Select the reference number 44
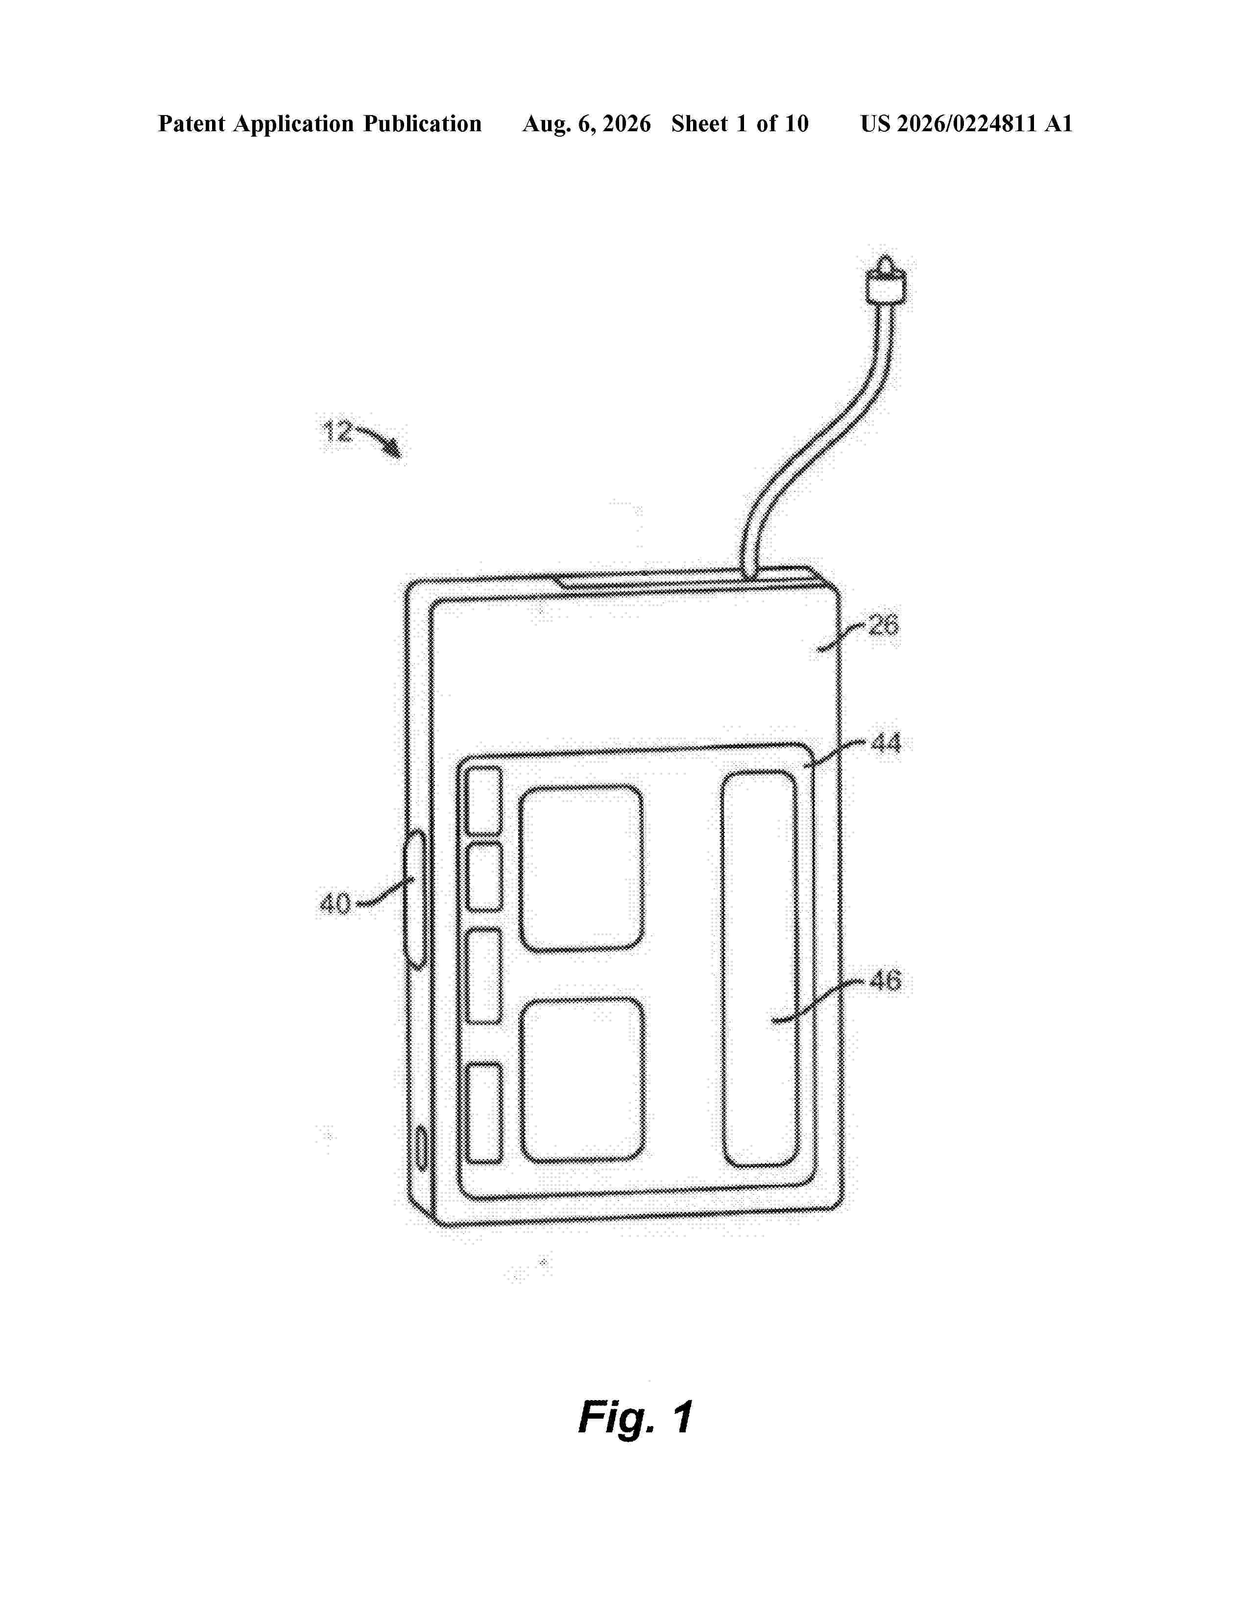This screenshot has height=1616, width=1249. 886,742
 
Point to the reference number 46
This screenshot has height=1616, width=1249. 885,981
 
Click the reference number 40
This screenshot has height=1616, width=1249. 335,903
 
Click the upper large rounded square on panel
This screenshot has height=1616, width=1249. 581,868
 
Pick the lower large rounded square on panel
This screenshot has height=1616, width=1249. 582,1080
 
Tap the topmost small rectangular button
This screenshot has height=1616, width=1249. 484,801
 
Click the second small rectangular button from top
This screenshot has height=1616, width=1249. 484,877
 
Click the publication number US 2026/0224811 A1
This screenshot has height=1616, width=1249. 966,123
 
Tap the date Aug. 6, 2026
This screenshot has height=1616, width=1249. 587,123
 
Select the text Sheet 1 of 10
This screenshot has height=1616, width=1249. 740,123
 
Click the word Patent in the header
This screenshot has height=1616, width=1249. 192,123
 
